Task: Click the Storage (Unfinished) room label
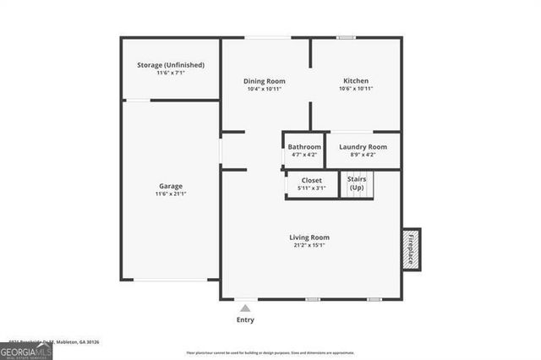(171, 65)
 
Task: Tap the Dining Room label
(264, 81)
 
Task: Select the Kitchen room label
(356, 81)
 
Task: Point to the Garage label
(171, 186)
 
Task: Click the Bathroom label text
(304, 147)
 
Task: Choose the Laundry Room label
(363, 147)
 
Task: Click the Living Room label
(309, 237)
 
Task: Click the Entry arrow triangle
(245, 308)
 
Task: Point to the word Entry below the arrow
(245, 320)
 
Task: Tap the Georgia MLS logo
(26, 351)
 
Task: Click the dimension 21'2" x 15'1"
(309, 245)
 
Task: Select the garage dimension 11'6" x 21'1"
(171, 194)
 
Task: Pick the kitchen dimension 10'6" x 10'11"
(356, 89)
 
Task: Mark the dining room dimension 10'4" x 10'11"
(264, 89)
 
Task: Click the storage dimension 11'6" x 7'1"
(171, 74)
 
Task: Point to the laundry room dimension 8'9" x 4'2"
(363, 155)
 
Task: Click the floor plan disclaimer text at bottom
(270, 352)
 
